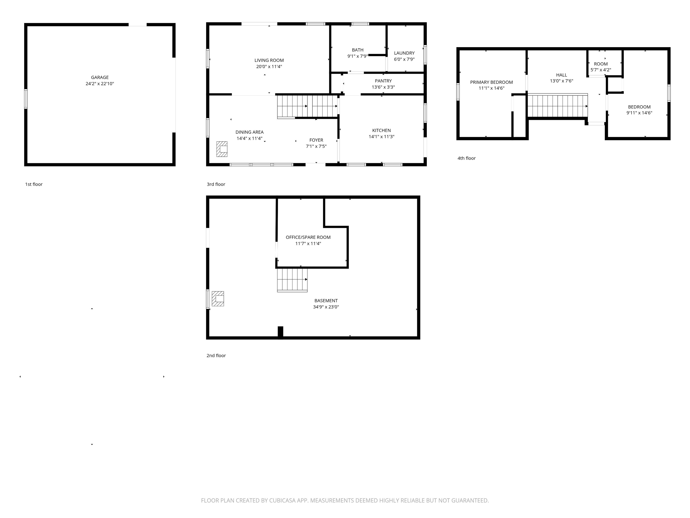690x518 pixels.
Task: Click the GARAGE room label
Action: tap(100, 77)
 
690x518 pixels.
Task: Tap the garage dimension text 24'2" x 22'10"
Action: tap(100, 84)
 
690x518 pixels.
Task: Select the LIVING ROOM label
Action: tap(269, 60)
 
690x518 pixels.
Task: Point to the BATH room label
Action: tap(358, 50)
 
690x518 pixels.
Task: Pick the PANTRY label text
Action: tap(383, 81)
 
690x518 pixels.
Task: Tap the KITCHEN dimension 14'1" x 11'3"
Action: tap(381, 136)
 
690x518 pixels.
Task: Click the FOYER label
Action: tap(316, 140)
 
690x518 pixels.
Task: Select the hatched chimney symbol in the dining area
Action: tap(222, 149)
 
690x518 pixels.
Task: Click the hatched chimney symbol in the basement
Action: tap(218, 299)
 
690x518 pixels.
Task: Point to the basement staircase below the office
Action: tap(292, 280)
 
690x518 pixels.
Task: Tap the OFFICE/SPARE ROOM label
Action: tap(308, 237)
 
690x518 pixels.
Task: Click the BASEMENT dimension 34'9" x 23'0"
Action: tap(326, 307)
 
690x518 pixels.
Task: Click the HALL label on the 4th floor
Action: tap(561, 75)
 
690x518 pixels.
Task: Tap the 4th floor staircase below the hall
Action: tap(557, 106)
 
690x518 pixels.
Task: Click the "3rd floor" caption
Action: tap(216, 184)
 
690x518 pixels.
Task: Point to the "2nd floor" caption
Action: tap(216, 356)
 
